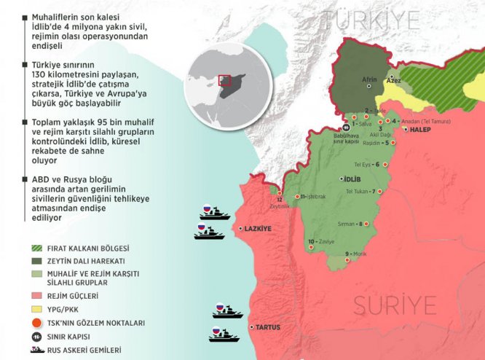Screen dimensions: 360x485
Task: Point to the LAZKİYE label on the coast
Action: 259,229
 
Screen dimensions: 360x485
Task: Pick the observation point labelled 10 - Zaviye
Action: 321,241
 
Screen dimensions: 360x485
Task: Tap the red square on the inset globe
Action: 225,81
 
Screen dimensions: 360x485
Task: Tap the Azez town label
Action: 395,82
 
